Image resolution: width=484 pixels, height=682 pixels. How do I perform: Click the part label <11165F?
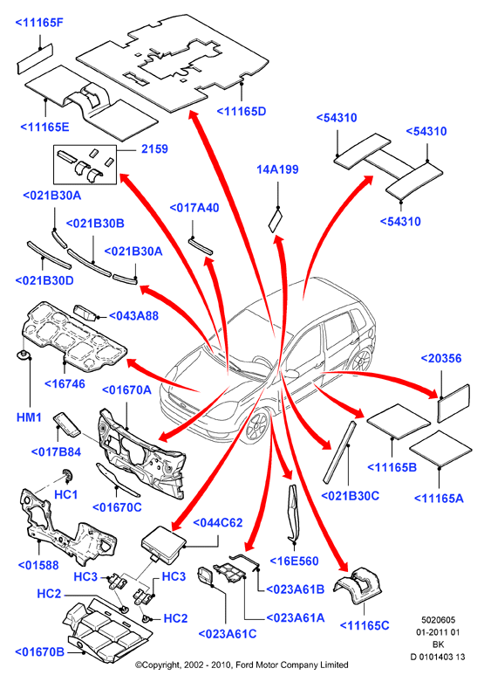coord(39,23)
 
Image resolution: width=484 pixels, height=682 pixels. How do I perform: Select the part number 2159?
coord(154,149)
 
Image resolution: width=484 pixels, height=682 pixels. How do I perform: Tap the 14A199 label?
coord(277,169)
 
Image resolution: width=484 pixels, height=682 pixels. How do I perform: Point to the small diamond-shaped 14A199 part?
coord(275,220)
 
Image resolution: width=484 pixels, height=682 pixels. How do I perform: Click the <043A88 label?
coord(133,316)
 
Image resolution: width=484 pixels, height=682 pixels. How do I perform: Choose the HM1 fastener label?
coord(29,417)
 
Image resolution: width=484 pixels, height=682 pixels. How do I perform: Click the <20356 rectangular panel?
coord(453,403)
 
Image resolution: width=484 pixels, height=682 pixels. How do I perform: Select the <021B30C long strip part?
coord(340,451)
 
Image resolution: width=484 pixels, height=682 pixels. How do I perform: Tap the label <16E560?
coord(294,561)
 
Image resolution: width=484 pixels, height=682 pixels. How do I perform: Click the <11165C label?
coord(365,625)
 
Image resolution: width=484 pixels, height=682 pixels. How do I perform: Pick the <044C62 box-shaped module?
coord(164,544)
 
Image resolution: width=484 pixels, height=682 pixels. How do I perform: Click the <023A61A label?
coord(296,617)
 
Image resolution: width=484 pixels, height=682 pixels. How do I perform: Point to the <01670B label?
coord(39,652)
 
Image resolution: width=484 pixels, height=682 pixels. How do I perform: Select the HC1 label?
coord(65,494)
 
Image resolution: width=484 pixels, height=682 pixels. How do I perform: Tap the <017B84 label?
coord(56,452)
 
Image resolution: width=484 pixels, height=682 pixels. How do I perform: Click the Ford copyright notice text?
coord(242,665)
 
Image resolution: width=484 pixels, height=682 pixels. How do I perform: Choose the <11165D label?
coord(242,112)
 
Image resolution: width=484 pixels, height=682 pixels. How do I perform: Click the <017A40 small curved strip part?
coord(201,245)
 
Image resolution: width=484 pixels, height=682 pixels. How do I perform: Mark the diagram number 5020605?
coord(438,620)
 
